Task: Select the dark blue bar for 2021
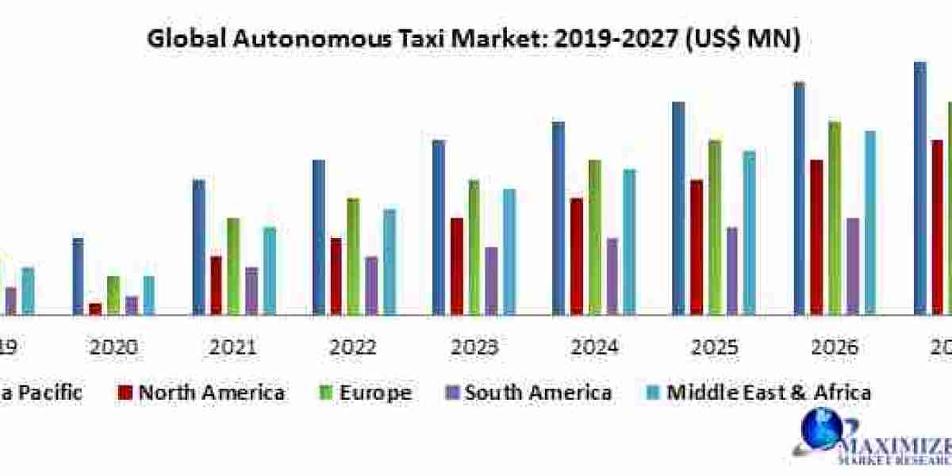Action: [x=198, y=247]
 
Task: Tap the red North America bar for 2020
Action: [x=95, y=308]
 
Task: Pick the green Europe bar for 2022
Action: [x=353, y=255]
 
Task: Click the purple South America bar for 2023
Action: [x=492, y=280]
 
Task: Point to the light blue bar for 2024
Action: [x=629, y=241]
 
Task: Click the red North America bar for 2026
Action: [x=816, y=236]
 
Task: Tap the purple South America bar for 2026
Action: [x=852, y=266]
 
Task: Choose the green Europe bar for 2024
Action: [x=594, y=236]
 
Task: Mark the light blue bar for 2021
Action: [x=270, y=270]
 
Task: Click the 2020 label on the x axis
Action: [x=114, y=347]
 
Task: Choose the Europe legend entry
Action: [x=367, y=392]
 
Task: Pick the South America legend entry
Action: [x=528, y=392]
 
